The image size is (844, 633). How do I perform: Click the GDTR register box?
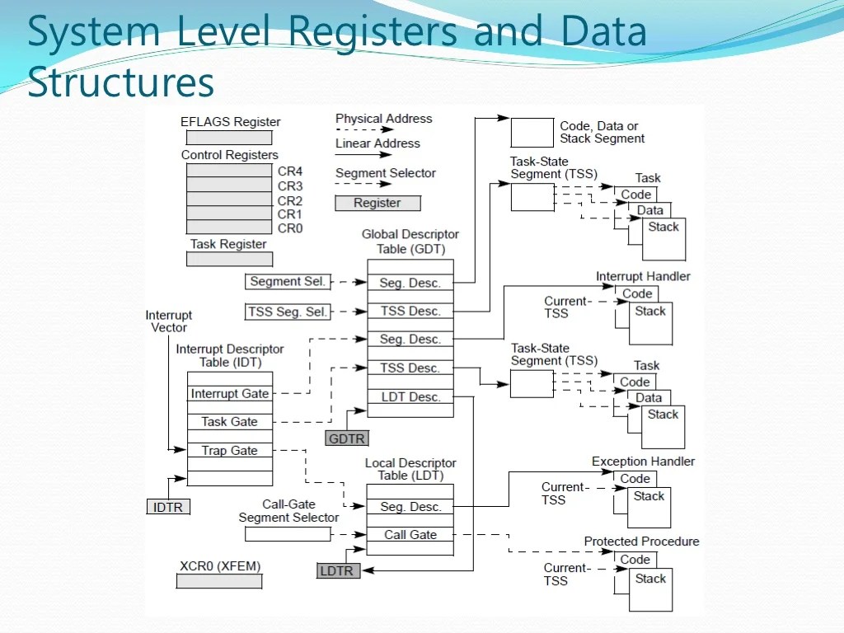point(346,438)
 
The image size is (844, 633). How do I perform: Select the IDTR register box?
point(168,507)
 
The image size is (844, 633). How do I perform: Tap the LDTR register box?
point(339,570)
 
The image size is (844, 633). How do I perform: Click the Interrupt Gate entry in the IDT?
point(230,394)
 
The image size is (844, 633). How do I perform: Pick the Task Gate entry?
point(230,422)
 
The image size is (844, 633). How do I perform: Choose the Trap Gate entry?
point(230,451)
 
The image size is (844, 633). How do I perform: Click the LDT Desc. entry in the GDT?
point(410,397)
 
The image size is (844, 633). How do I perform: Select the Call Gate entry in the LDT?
point(410,535)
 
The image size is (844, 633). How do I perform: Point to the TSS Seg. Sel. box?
point(288,312)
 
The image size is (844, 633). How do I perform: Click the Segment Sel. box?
point(288,282)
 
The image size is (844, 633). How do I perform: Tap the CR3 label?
point(290,186)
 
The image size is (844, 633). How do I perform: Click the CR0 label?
point(290,228)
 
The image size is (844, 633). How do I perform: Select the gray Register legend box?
point(377,203)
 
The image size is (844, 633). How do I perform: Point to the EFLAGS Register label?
point(230,122)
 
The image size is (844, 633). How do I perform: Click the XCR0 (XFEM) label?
point(220,567)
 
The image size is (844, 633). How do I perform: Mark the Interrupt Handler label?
point(643,277)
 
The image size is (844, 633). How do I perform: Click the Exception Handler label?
point(643,462)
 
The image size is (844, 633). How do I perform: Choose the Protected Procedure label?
point(641,542)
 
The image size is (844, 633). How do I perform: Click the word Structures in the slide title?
point(120,82)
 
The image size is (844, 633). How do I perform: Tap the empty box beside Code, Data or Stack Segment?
point(532,133)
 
